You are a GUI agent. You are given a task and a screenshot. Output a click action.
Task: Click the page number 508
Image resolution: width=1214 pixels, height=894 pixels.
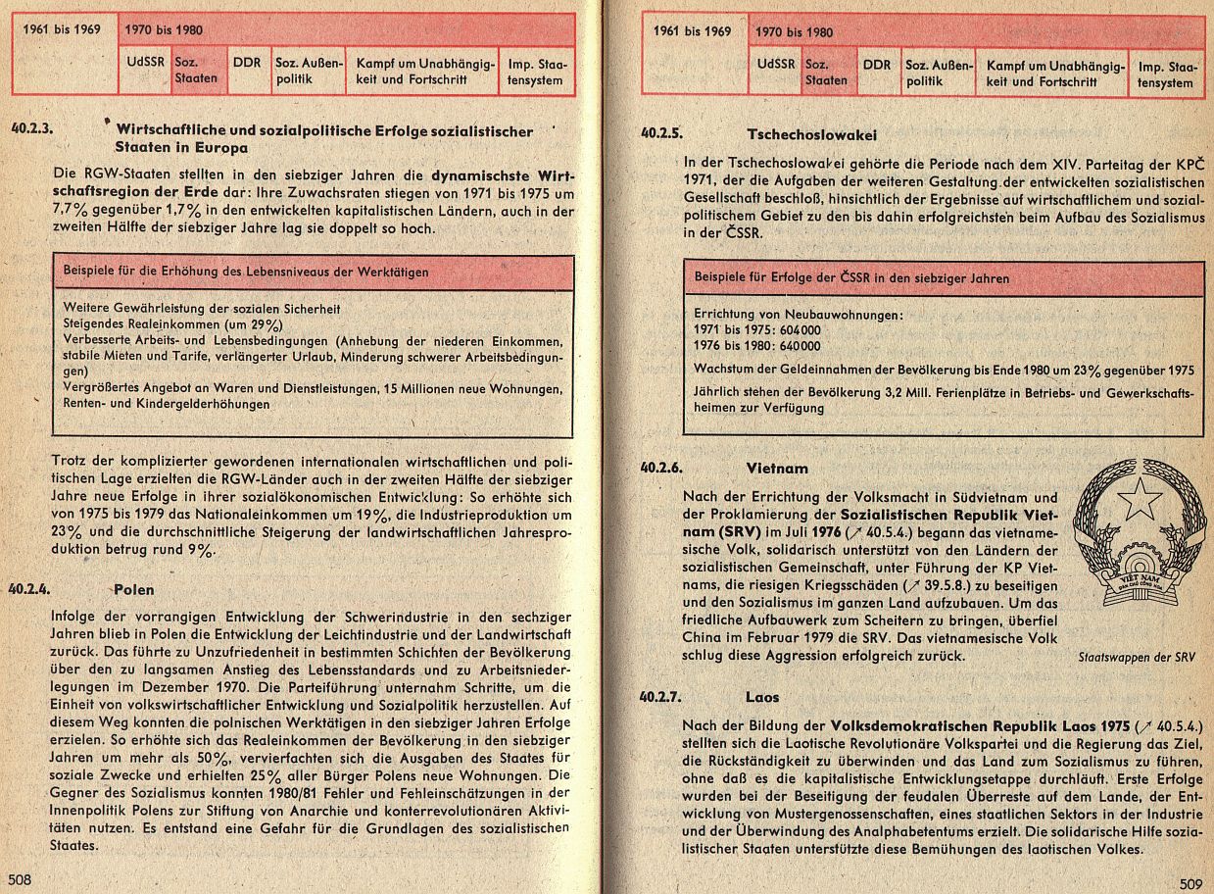point(21,878)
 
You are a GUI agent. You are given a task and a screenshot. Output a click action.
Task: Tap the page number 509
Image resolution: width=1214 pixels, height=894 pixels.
point(1190,883)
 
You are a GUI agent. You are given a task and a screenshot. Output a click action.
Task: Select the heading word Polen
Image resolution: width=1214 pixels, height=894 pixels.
point(134,590)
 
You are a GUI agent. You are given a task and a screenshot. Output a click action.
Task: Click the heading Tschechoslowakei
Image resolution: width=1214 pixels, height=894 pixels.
point(811,134)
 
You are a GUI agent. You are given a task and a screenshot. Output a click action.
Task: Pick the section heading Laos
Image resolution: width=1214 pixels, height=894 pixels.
point(762,697)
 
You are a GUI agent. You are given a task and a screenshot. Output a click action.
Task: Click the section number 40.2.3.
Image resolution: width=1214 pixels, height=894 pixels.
point(33,128)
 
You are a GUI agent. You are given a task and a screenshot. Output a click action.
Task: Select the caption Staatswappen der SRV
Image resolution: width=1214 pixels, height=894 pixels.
point(1140,657)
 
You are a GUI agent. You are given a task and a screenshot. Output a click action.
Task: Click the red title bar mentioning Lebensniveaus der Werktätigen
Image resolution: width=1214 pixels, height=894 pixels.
point(313,272)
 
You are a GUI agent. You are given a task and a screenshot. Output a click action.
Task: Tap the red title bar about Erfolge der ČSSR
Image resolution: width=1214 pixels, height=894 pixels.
point(943,277)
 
